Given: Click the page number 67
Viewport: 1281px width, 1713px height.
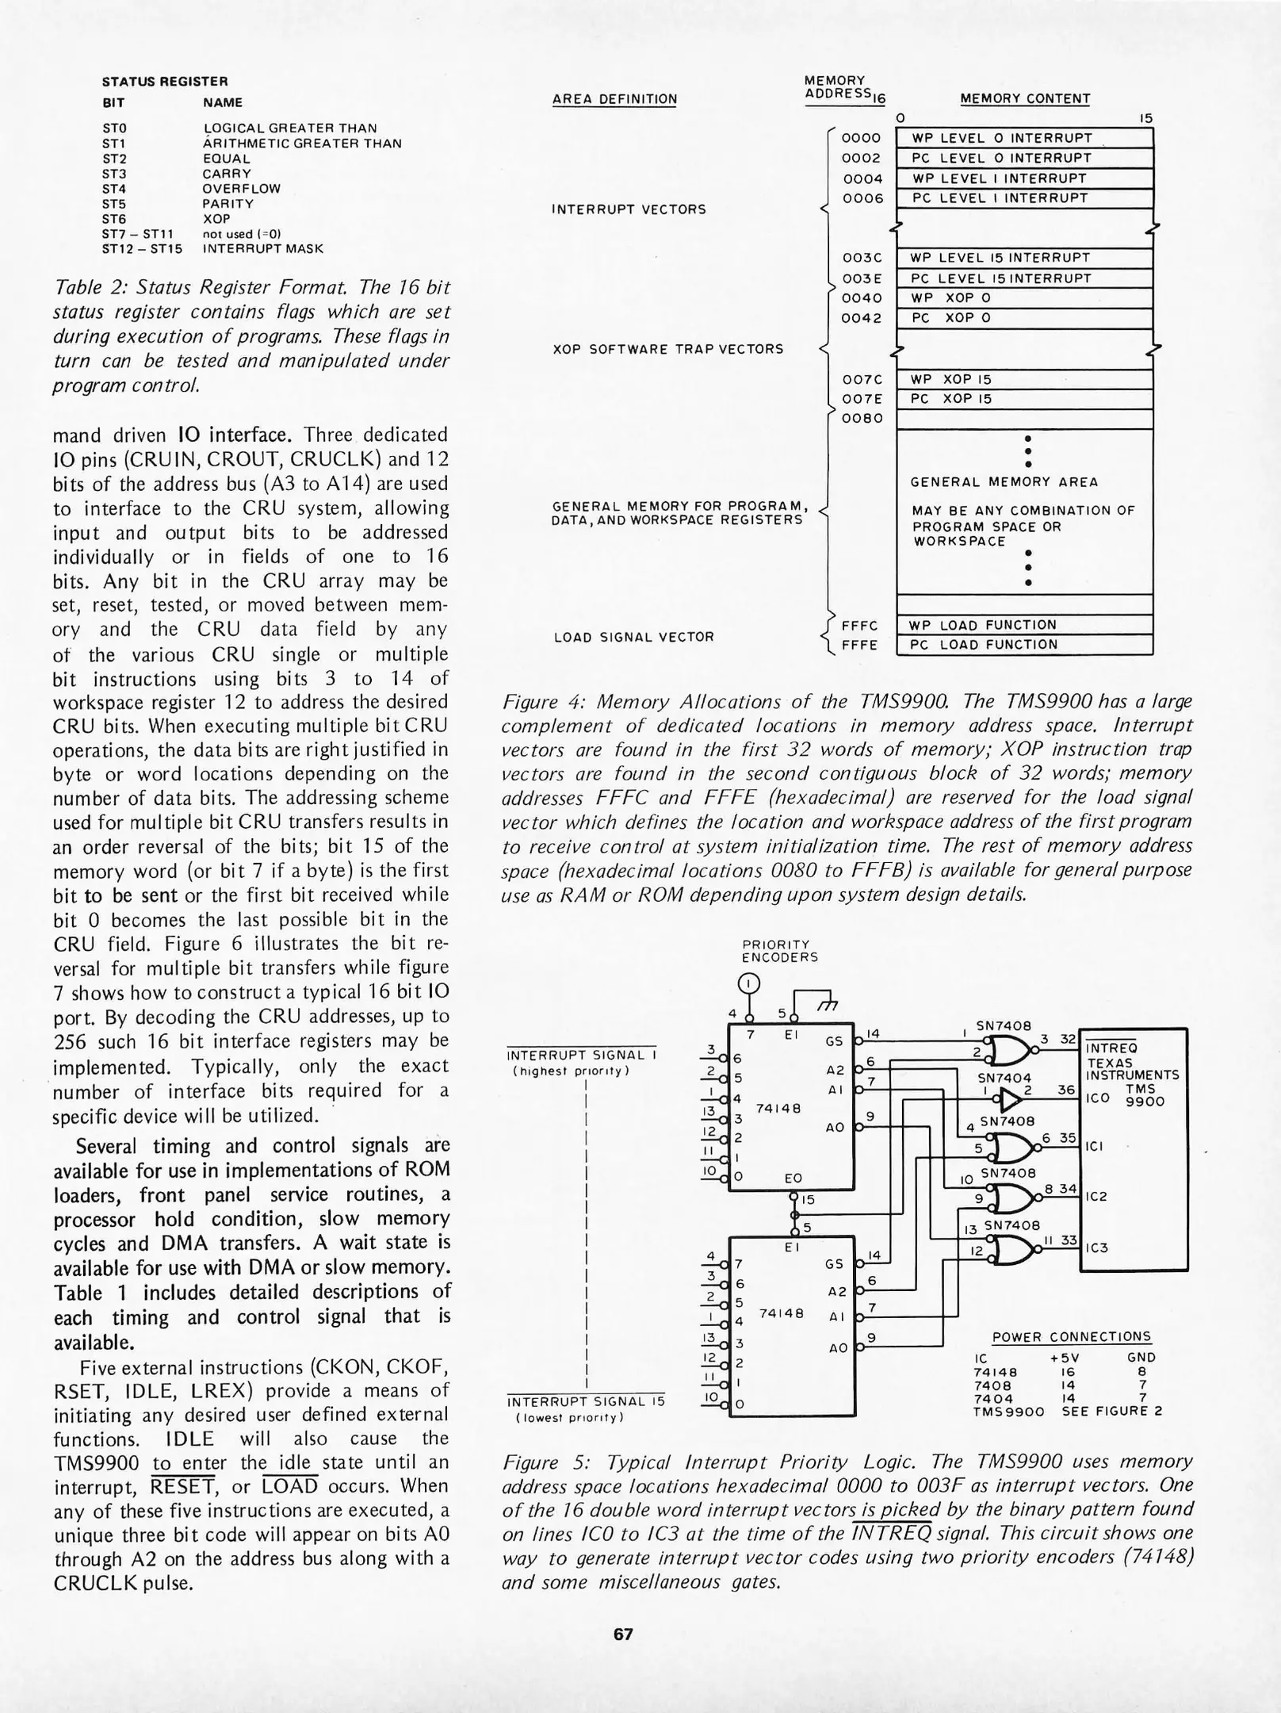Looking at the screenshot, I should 623,1634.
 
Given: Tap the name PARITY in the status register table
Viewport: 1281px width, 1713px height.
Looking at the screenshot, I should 228,204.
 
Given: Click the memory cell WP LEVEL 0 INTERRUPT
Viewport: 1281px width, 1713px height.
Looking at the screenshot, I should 1023,138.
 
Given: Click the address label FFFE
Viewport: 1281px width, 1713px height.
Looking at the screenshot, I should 859,646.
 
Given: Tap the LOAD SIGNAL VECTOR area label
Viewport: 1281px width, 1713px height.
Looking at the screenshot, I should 633,637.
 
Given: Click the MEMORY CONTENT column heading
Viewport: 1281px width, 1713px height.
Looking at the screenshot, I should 1024,99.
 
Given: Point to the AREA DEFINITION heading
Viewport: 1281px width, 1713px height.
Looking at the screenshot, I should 614,99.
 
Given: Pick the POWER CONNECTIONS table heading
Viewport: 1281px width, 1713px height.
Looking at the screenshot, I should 1071,1337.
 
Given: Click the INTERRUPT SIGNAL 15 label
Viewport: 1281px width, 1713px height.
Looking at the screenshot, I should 584,1402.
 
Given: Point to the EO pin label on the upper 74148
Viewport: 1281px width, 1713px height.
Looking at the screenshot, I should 793,1178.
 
